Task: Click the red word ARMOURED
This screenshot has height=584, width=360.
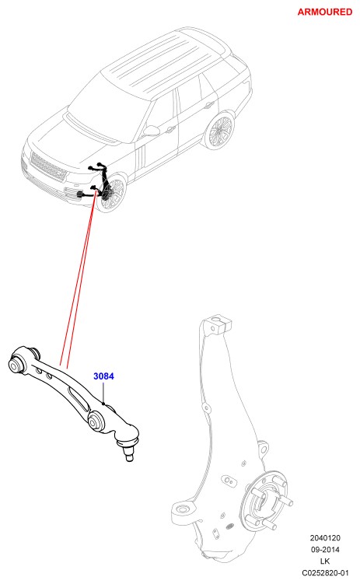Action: pyautogui.click(x=325, y=12)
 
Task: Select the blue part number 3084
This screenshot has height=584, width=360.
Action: pyautogui.click(x=103, y=376)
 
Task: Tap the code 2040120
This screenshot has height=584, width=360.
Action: pyautogui.click(x=325, y=538)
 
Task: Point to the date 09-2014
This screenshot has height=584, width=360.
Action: pyautogui.click(x=325, y=549)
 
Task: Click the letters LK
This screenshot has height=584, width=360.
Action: pyautogui.click(x=325, y=561)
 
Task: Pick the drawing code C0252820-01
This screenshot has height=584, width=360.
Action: pyautogui.click(x=325, y=573)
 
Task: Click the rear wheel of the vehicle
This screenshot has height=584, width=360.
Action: pyautogui.click(x=219, y=131)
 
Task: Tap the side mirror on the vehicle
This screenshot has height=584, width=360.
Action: pyautogui.click(x=151, y=131)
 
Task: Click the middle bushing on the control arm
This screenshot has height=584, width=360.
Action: pyautogui.click(x=95, y=421)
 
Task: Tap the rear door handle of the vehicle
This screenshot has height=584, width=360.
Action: pyautogui.click(x=208, y=105)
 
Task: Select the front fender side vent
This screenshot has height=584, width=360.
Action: pyautogui.click(x=141, y=158)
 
